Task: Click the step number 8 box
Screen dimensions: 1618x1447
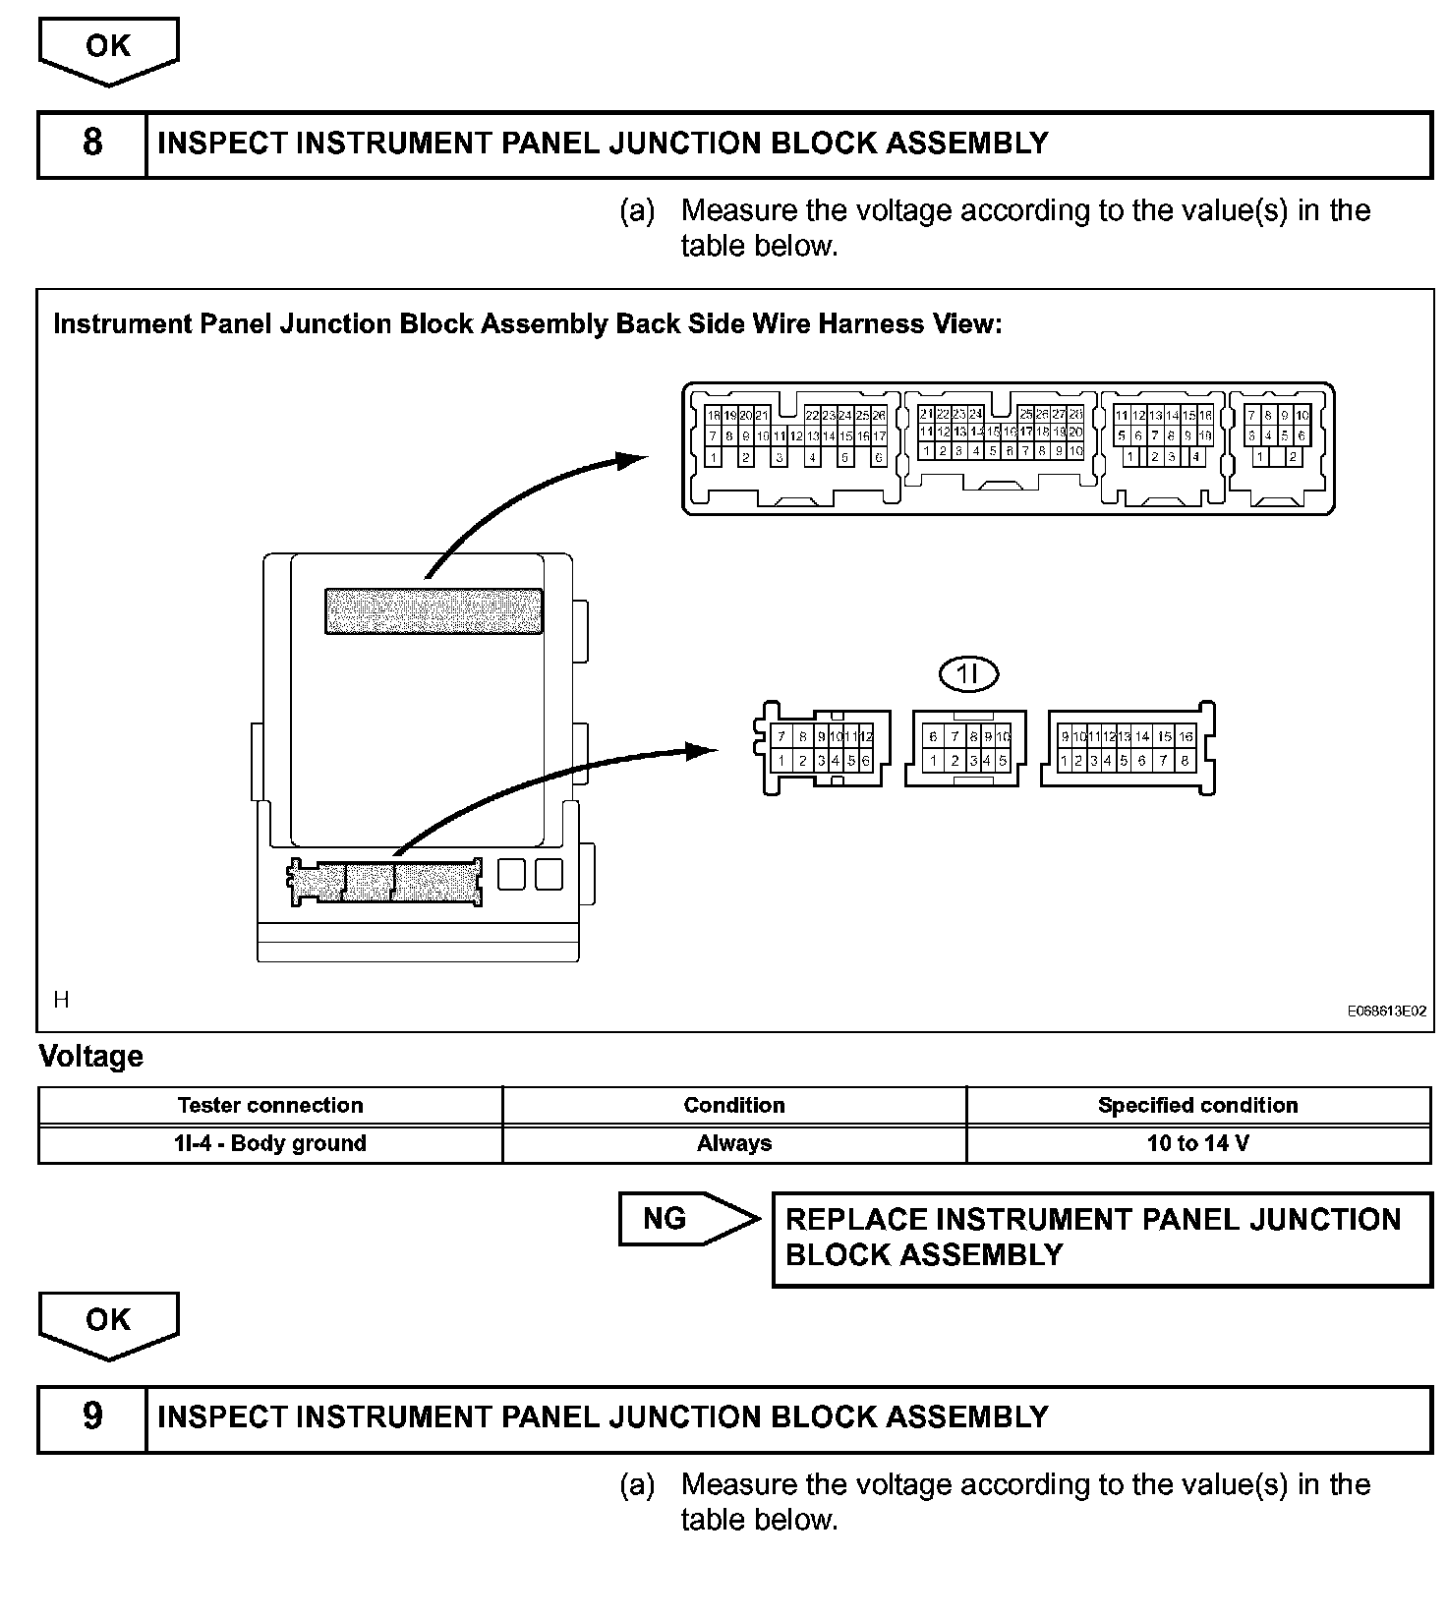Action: (91, 144)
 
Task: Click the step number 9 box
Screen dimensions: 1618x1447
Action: (91, 1416)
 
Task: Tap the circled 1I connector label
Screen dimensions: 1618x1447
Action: (968, 673)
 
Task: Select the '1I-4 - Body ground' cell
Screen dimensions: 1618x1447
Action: (270, 1143)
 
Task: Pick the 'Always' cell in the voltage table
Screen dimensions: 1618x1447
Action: (733, 1143)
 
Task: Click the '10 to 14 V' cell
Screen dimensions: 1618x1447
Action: (1197, 1143)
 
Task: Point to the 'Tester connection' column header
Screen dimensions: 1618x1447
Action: (270, 1105)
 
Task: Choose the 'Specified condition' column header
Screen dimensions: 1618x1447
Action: (1197, 1105)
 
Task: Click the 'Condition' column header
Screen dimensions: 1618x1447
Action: (733, 1105)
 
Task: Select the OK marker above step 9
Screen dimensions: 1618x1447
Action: (108, 1320)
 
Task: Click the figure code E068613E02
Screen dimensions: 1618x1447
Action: (1386, 1011)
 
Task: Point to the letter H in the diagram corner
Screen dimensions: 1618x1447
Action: (62, 1001)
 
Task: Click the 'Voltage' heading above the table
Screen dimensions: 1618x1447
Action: (90, 1057)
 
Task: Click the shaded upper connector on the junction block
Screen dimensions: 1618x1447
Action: (434, 610)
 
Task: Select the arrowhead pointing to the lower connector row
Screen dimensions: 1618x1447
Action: (704, 751)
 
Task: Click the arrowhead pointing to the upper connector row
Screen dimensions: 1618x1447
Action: (631, 458)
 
